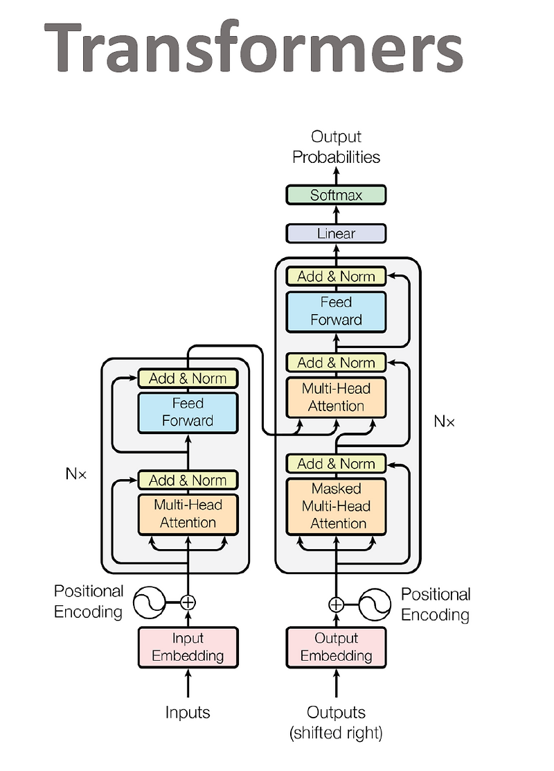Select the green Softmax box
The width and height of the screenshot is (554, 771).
coord(336,196)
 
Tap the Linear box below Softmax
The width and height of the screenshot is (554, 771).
coord(336,234)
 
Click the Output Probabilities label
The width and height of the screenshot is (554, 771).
coord(336,147)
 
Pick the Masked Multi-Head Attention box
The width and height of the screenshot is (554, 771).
coord(336,506)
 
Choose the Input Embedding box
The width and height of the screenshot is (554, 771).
coord(188,647)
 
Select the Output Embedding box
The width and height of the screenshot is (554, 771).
coord(336,647)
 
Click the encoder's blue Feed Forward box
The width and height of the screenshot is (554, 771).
coord(188,413)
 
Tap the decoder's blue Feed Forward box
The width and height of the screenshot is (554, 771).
coord(336,311)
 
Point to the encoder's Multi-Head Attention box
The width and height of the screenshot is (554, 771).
coord(188,514)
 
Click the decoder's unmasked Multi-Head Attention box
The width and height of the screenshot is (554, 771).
coord(336,397)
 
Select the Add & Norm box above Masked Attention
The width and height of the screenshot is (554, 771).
coord(336,464)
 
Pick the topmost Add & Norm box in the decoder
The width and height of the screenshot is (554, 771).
coord(336,276)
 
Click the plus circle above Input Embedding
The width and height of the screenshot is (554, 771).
coord(188,602)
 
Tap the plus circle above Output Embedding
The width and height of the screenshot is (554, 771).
coord(336,605)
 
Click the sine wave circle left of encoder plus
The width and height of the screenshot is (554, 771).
coord(148,602)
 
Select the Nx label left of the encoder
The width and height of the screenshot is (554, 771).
coord(75,475)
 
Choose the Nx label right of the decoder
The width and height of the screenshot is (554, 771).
coord(444,421)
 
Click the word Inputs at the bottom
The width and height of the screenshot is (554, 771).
coord(188,712)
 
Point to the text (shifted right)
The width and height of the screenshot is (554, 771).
coord(336,732)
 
